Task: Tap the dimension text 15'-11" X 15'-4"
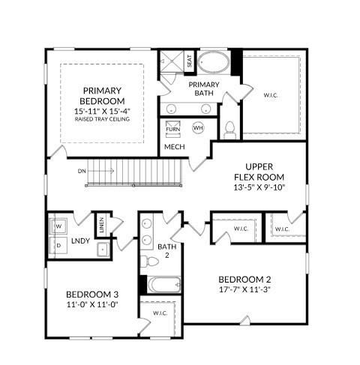point(103,110)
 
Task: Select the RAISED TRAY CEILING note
point(103,119)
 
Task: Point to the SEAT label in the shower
point(189,61)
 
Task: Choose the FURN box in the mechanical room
point(172,128)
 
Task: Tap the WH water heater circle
point(198,128)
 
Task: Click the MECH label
point(175,147)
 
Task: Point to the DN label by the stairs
point(81,171)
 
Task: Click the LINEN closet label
point(102,223)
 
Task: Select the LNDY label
point(81,241)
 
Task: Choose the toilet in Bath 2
point(151,261)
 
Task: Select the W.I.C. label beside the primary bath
point(271,95)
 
